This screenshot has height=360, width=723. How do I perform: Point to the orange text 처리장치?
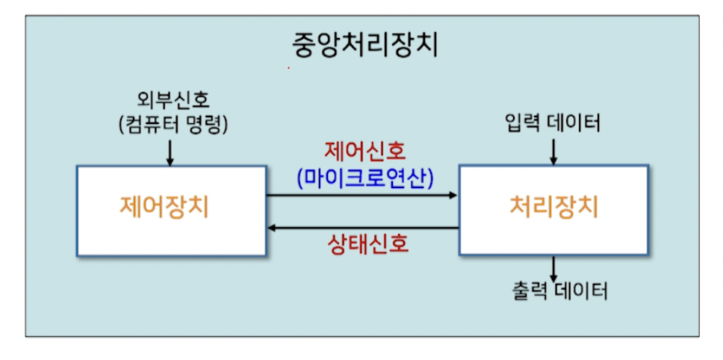pyautogui.click(x=553, y=207)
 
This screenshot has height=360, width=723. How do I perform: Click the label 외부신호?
pyautogui.click(x=174, y=99)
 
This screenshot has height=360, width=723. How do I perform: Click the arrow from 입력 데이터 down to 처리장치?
pyautogui.click(x=553, y=151)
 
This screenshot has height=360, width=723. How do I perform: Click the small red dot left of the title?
pyautogui.click(x=288, y=68)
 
